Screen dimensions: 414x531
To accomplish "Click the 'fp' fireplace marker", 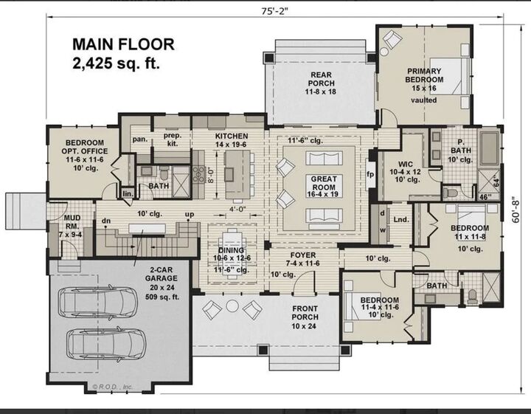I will click(x=371, y=176).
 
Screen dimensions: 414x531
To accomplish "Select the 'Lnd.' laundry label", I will click(x=401, y=220).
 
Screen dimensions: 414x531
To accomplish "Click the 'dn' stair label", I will click(x=106, y=221).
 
